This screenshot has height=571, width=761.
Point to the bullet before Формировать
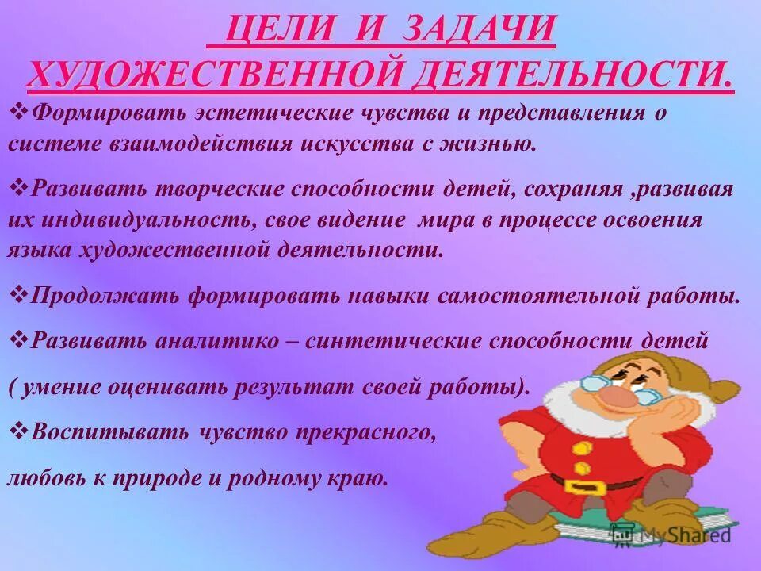click(x=21, y=112)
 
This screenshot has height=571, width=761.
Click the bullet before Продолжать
click(x=21, y=295)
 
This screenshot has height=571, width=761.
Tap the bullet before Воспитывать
click(x=21, y=431)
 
